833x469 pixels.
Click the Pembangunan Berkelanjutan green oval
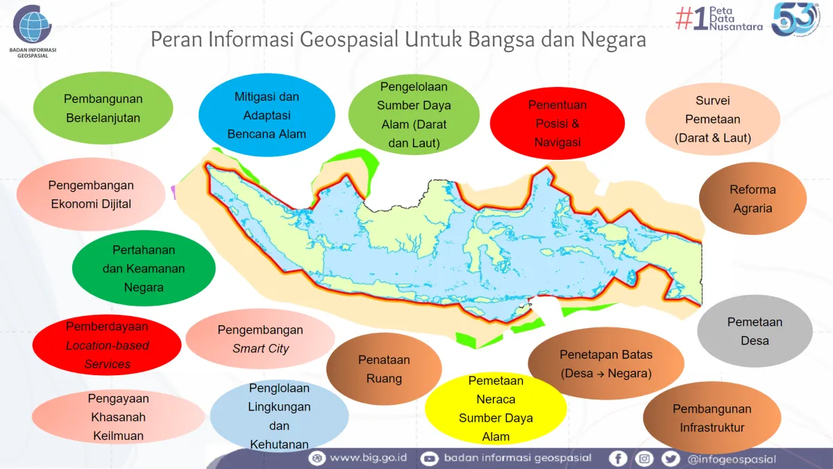[103, 108]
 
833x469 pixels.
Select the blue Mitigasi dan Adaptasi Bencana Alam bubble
[267, 115]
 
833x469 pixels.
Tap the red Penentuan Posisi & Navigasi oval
[557, 124]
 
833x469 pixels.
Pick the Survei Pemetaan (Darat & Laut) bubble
[712, 120]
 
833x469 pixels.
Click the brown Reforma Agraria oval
[752, 199]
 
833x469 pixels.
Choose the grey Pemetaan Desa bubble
[755, 331]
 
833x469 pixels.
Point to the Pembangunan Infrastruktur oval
[712, 418]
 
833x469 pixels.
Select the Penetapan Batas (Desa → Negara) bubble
[605, 364]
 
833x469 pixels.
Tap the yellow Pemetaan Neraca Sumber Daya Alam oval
[496, 409]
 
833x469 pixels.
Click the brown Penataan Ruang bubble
[384, 369]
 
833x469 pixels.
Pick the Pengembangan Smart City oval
[260, 339]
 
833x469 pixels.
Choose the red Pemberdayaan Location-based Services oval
[108, 345]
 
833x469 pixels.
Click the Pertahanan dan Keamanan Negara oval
[144, 268]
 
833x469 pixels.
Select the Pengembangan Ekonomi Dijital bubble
[91, 195]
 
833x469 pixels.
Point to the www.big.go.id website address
[368, 458]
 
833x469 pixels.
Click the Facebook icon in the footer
[618, 458]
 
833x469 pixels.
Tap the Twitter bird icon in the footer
[670, 458]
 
